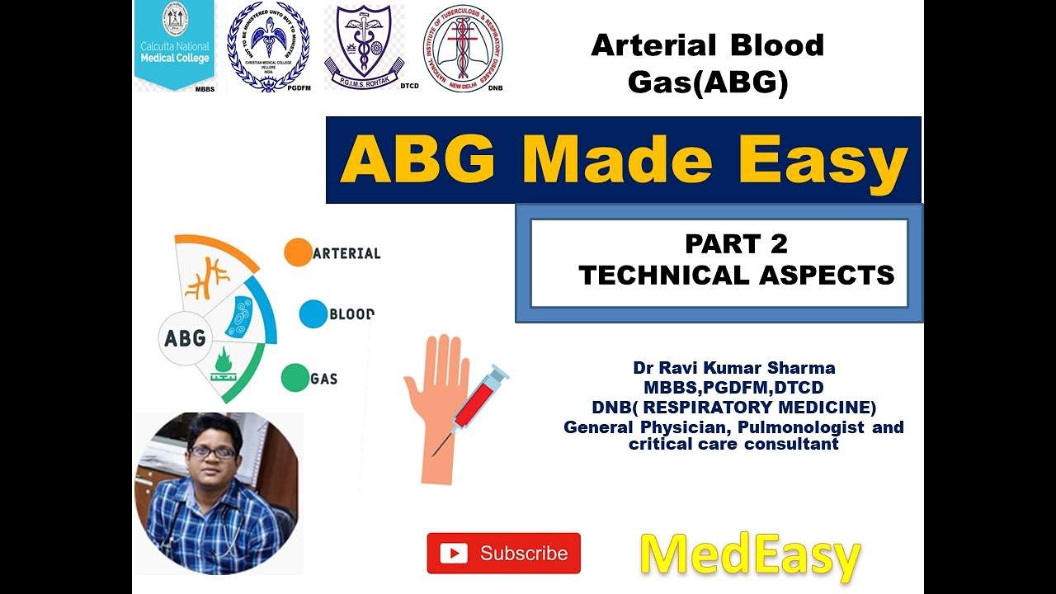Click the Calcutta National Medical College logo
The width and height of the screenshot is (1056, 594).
[x=175, y=45]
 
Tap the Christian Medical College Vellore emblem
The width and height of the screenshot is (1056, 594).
[x=268, y=46]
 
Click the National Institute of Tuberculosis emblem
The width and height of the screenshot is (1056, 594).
[x=463, y=47]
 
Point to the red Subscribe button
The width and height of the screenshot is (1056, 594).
[x=503, y=553]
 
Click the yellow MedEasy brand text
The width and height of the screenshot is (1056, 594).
[x=750, y=555]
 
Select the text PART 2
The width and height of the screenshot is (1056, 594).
[x=736, y=244]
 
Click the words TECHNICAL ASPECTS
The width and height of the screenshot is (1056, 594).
[x=736, y=275]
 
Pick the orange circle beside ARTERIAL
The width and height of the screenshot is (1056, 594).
[x=298, y=252]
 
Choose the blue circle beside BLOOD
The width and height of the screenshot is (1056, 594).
[x=313, y=314]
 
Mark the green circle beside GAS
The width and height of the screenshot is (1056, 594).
[x=295, y=378]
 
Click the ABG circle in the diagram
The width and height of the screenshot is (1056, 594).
[x=186, y=338]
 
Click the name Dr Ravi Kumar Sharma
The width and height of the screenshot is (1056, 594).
[x=733, y=368]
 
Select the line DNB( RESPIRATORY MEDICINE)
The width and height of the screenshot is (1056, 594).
[x=733, y=407]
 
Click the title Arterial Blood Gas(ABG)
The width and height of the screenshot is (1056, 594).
[x=707, y=64]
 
